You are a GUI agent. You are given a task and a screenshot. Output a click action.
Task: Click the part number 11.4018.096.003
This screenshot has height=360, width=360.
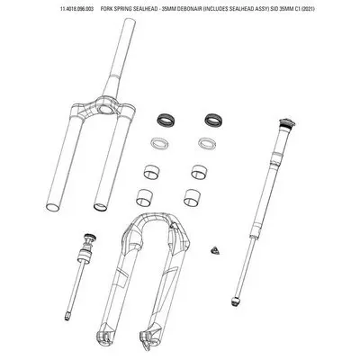coord(76,9)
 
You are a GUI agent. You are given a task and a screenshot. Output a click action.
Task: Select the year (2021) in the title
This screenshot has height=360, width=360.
coord(308,9)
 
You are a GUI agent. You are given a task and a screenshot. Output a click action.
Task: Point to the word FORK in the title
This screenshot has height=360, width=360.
coord(106,9)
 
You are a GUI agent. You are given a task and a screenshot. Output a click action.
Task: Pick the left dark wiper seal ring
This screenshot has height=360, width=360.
coord(165,120)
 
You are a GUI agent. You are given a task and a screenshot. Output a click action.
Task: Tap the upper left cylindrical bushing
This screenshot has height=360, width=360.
coord(151,172)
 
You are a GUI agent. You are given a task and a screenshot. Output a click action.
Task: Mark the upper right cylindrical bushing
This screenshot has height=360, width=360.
coord(199,172)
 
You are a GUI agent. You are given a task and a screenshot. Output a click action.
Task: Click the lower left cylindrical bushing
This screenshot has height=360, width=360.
coord(145,197)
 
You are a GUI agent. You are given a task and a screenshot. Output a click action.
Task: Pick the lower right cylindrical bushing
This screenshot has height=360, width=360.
coord(193,197)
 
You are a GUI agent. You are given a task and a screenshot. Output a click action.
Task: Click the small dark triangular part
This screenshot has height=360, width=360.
coord(216,251)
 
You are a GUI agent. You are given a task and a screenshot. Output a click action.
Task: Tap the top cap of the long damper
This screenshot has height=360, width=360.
coord(287,122)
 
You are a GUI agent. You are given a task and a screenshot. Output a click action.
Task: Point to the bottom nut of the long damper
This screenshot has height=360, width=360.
coord(236,301)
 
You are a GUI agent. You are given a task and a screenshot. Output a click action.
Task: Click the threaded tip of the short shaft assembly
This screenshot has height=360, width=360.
coord(67,316)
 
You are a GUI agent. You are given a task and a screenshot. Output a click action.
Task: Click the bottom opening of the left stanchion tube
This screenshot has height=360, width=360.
coord(53,207)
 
